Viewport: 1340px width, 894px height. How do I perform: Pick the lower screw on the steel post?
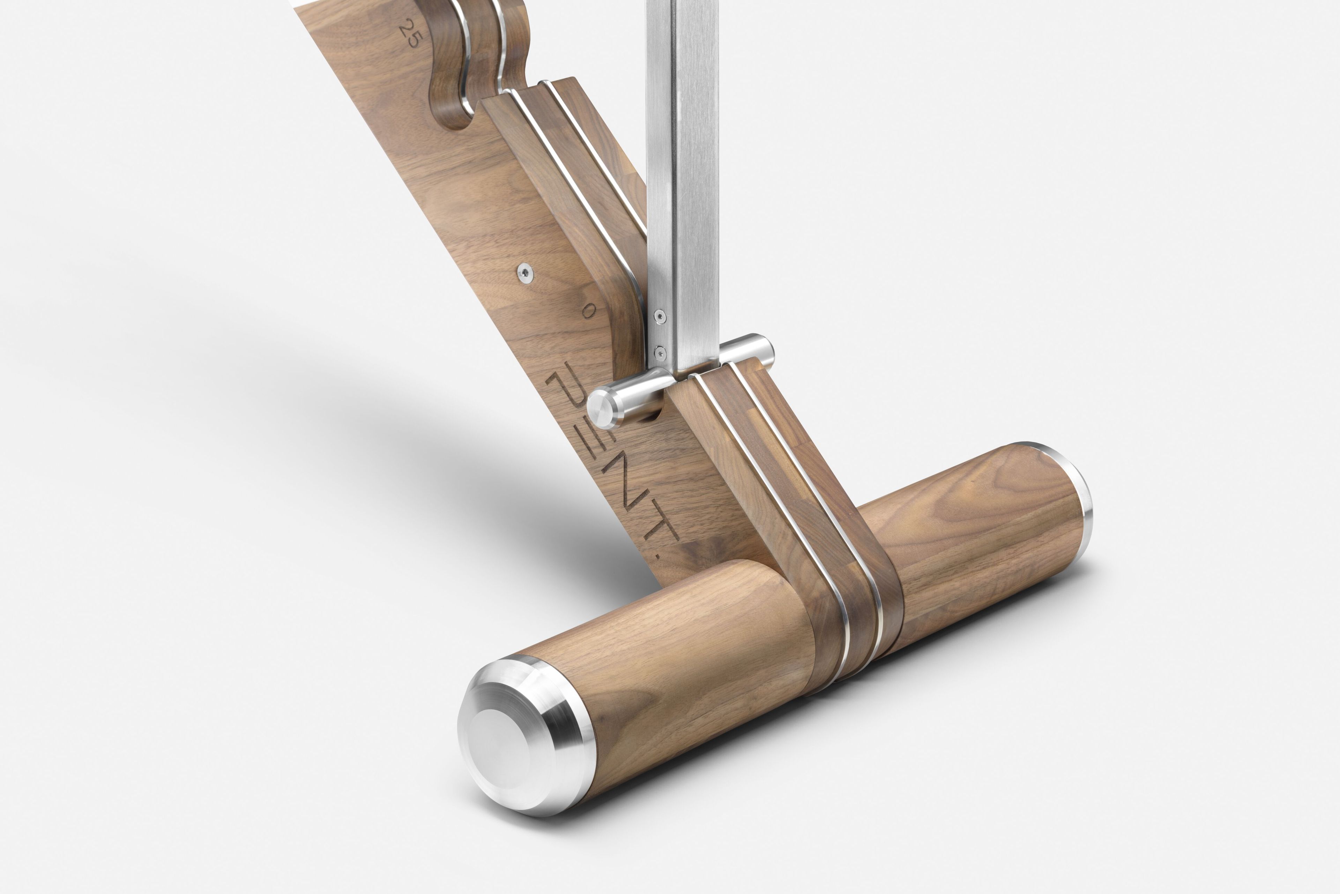click(x=660, y=352)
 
